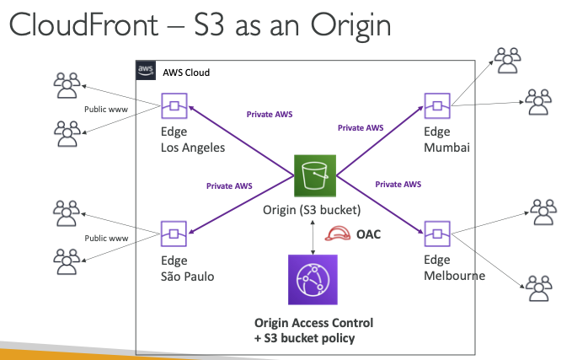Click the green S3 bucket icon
tap(315, 175)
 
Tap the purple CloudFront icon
tap(313, 280)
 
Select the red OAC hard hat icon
tap(338, 234)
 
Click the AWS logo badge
tap(146, 70)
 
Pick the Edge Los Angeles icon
tap(174, 106)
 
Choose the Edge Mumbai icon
tap(437, 106)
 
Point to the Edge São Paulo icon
tap(174, 234)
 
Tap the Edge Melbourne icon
tap(437, 234)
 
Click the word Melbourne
tap(454, 276)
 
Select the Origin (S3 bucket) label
tap(312, 210)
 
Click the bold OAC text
tap(368, 234)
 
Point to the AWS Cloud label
tap(186, 73)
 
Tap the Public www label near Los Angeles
tap(106, 109)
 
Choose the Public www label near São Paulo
tap(106, 239)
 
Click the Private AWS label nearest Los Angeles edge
tap(270, 115)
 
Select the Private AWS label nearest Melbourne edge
tap(398, 185)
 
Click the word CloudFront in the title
tap(83, 24)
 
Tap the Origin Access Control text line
tap(313, 323)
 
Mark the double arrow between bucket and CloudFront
tap(313, 237)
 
